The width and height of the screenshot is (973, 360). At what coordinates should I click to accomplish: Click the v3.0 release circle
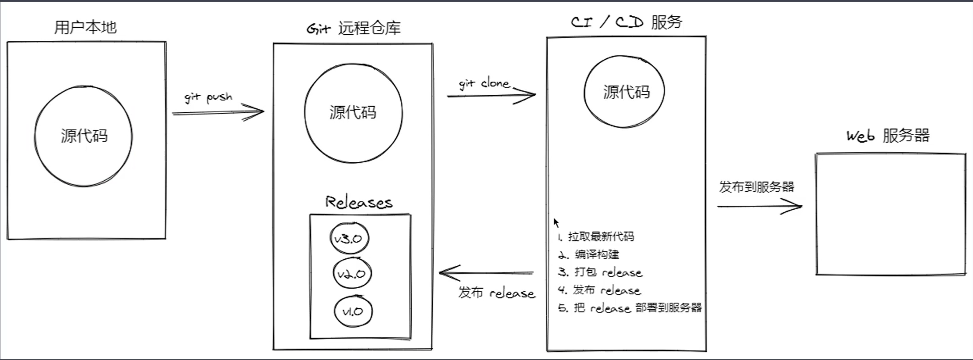coord(349,239)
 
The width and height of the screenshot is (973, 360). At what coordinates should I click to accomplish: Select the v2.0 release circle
coord(352,274)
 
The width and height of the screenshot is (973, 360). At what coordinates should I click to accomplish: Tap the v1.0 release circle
coord(353,312)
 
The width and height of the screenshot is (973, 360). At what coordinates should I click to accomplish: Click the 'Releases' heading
coord(359,203)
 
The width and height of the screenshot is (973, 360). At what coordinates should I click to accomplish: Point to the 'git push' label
coord(209,97)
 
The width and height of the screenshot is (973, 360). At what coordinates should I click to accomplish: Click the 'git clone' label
coord(484,83)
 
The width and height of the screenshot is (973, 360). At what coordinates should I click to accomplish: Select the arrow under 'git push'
coord(218,113)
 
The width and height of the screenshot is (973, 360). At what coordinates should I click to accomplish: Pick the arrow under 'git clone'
coord(491,95)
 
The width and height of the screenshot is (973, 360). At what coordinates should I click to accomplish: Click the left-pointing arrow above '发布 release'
coord(486,272)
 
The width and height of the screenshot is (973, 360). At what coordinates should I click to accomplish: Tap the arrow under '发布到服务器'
coord(759,206)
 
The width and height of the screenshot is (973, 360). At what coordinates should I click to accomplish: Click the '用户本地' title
coord(85,27)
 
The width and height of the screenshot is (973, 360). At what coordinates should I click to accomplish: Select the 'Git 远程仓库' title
coord(353,28)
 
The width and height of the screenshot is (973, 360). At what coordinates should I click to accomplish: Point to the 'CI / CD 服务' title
coord(626,22)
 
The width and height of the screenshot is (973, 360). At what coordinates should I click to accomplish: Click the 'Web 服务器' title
coord(888,136)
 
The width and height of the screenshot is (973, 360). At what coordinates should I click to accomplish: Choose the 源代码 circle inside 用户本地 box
coord(83,136)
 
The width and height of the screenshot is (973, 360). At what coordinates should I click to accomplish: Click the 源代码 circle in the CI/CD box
coord(625,91)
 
